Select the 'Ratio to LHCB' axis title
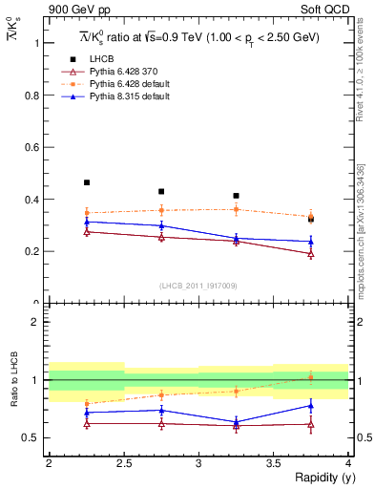click(14, 380)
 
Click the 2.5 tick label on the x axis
click(123, 463)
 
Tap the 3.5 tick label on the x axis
click(273, 463)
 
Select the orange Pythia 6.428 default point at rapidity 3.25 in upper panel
click(236, 209)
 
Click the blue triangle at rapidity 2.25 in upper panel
click(86, 222)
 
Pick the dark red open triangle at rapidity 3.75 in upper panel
click(311, 254)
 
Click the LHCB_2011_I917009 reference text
click(198, 286)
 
